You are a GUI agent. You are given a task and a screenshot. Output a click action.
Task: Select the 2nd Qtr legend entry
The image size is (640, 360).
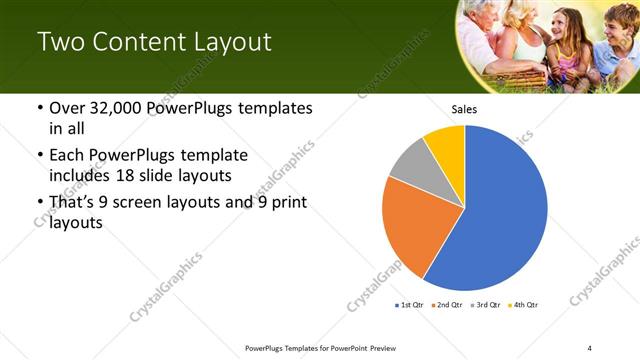[x=447, y=304]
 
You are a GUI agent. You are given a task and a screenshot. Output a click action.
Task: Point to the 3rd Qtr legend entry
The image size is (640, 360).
[x=486, y=304]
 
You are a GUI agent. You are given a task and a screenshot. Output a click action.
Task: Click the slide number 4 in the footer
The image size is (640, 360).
[x=589, y=348]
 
